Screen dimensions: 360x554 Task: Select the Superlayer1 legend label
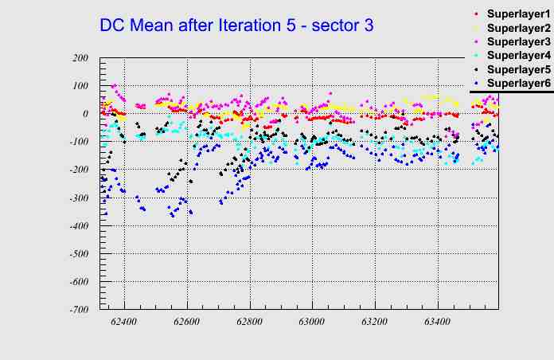click(517, 14)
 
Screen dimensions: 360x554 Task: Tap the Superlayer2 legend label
click(517, 28)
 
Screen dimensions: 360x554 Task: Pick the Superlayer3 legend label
click(517, 41)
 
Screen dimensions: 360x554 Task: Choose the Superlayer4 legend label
click(517, 56)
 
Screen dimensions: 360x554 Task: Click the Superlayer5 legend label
click(517, 69)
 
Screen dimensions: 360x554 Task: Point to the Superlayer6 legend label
click(517, 84)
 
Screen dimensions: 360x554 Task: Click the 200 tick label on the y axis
click(80, 58)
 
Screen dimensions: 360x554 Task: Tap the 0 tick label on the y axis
click(84, 114)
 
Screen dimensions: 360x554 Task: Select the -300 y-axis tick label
click(78, 198)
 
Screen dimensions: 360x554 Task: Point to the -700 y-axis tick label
click(78, 310)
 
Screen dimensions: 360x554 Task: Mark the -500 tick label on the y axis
click(78, 254)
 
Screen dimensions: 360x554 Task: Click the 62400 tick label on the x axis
click(124, 323)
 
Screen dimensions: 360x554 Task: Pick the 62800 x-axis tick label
click(249, 323)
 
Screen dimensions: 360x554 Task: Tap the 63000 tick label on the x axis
click(311, 323)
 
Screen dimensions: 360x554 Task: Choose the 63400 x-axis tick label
click(436, 323)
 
